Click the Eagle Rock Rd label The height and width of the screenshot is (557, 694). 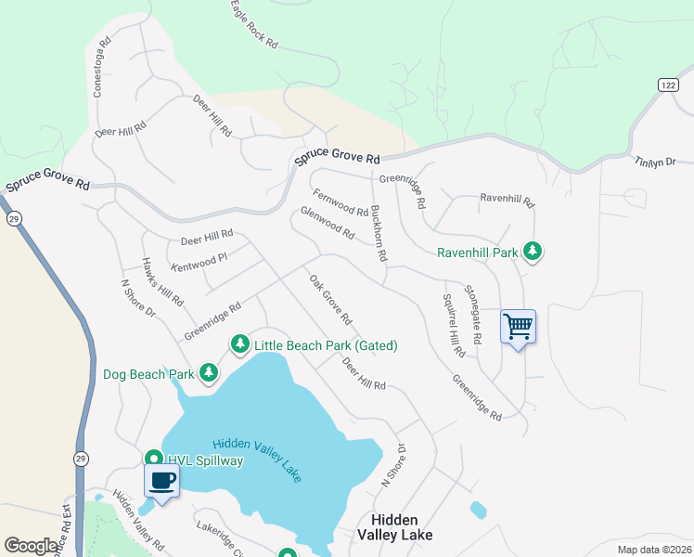pyautogui.click(x=252, y=24)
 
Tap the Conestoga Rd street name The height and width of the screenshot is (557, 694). pyautogui.click(x=100, y=68)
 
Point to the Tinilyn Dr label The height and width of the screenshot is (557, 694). pyautogui.click(x=655, y=162)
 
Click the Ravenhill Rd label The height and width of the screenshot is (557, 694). pyautogui.click(x=508, y=199)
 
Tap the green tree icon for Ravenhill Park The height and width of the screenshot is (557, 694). pyautogui.click(x=533, y=251)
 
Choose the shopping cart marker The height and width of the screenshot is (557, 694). pyautogui.click(x=518, y=326)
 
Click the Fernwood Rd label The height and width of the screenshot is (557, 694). pyautogui.click(x=341, y=202)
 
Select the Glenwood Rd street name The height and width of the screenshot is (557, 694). pyautogui.click(x=328, y=223)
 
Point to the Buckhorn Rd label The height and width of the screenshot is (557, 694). pyautogui.click(x=379, y=233)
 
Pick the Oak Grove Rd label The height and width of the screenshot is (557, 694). pyautogui.click(x=330, y=300)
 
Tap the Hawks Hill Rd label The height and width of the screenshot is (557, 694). pyautogui.click(x=162, y=282)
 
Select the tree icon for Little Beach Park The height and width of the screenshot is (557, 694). pyautogui.click(x=239, y=345)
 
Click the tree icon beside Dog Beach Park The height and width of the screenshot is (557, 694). pyautogui.click(x=209, y=373)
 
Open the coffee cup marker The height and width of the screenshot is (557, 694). pyautogui.click(x=162, y=481)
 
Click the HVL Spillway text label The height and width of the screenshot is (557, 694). pyautogui.click(x=205, y=460)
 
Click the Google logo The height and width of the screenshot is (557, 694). pyautogui.click(x=31, y=546)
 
